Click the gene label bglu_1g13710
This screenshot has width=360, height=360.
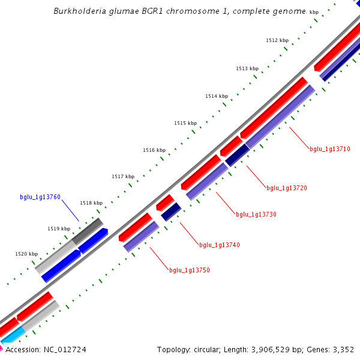coord(329,149)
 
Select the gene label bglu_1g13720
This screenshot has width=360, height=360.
coord(286,188)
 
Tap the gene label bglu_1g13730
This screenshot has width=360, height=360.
coord(256,214)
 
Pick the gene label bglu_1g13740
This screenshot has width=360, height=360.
coord(219,245)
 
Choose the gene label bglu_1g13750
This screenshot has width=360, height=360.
coord(189,270)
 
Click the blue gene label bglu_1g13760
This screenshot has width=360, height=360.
coord(40,197)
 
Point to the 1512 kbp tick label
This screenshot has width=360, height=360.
coord(277,40)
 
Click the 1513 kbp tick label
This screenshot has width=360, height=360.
coord(247,68)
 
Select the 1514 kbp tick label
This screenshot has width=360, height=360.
coord(216,96)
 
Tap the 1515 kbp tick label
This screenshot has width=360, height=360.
coord(185,123)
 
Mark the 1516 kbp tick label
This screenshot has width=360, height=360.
coord(154,150)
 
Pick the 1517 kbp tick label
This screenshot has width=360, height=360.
coord(122,176)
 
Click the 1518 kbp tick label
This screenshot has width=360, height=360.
coord(91,203)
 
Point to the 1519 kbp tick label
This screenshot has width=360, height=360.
coord(59,229)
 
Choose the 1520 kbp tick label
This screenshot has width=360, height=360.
coord(26,254)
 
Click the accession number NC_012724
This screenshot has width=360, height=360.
coord(59,349)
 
